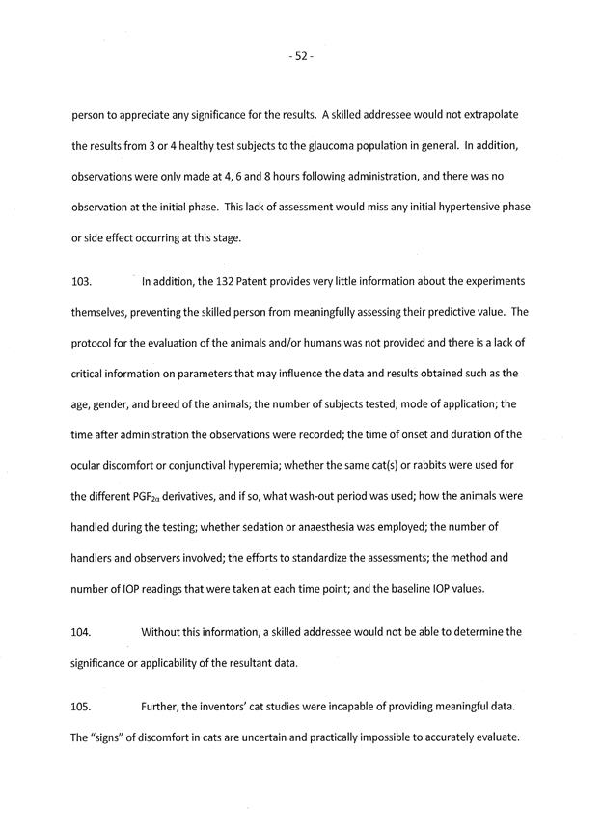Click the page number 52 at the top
300,57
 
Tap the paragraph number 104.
82,632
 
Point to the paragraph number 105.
82,708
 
